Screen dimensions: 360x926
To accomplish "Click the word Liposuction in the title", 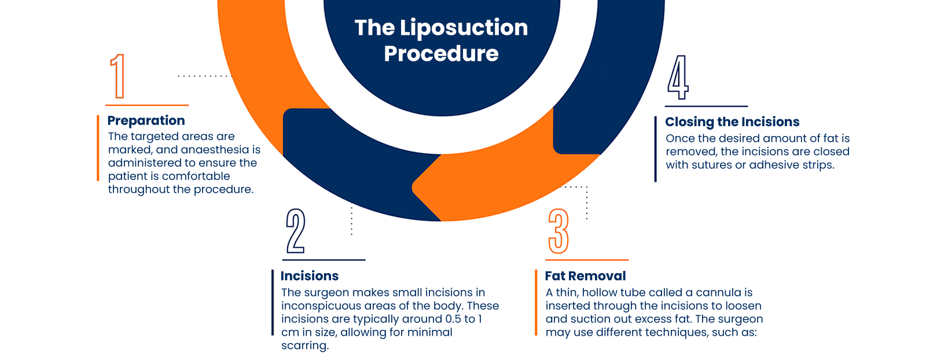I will coord(464,28).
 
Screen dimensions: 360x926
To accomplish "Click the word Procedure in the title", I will coord(441,54).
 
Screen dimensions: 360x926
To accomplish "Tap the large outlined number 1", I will coord(118,76).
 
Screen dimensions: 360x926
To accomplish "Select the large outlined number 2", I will coord(296,231).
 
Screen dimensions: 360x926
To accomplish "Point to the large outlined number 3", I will coord(558,231).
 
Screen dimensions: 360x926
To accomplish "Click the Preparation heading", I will coord(146,120).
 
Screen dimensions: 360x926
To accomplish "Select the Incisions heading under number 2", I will coord(310,276).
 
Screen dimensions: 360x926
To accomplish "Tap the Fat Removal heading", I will coord(585,276).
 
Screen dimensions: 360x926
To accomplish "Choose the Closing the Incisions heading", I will coord(732,122).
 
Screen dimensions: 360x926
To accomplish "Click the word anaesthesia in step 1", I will coord(215,150).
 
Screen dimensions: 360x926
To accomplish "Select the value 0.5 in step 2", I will coord(453,319).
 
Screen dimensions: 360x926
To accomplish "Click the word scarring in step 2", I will coord(304,346).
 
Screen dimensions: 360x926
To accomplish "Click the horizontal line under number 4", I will coord(706,106).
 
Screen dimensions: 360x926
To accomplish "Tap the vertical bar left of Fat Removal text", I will coord(536,303).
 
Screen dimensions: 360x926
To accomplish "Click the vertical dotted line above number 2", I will coord(351,221).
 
